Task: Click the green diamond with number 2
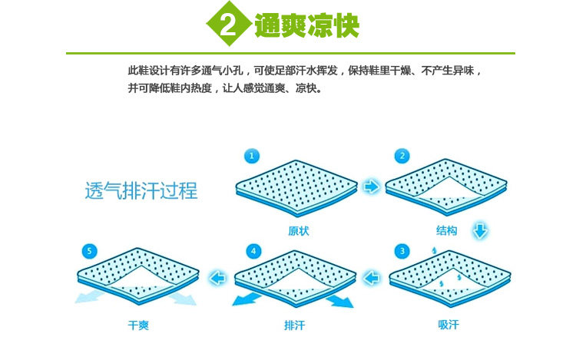tap(229, 24)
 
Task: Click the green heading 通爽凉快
tap(306, 25)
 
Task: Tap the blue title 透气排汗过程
tap(141, 190)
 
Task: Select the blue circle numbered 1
tap(252, 156)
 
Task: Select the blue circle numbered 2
tap(402, 156)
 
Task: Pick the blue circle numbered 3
tap(402, 251)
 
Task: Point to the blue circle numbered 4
tap(253, 251)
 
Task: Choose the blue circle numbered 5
tap(89, 251)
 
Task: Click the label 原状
tap(299, 231)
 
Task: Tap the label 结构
tap(447, 230)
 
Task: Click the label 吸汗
tap(449, 325)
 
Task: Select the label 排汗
tap(295, 325)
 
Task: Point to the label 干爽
tap(138, 325)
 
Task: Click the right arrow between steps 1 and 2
tap(371, 187)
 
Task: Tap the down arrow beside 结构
tap(480, 230)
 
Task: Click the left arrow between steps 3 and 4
tap(372, 278)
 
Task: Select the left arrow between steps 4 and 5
tap(217, 278)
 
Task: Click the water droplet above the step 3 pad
tap(434, 250)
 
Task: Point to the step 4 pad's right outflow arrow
tap(339, 301)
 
